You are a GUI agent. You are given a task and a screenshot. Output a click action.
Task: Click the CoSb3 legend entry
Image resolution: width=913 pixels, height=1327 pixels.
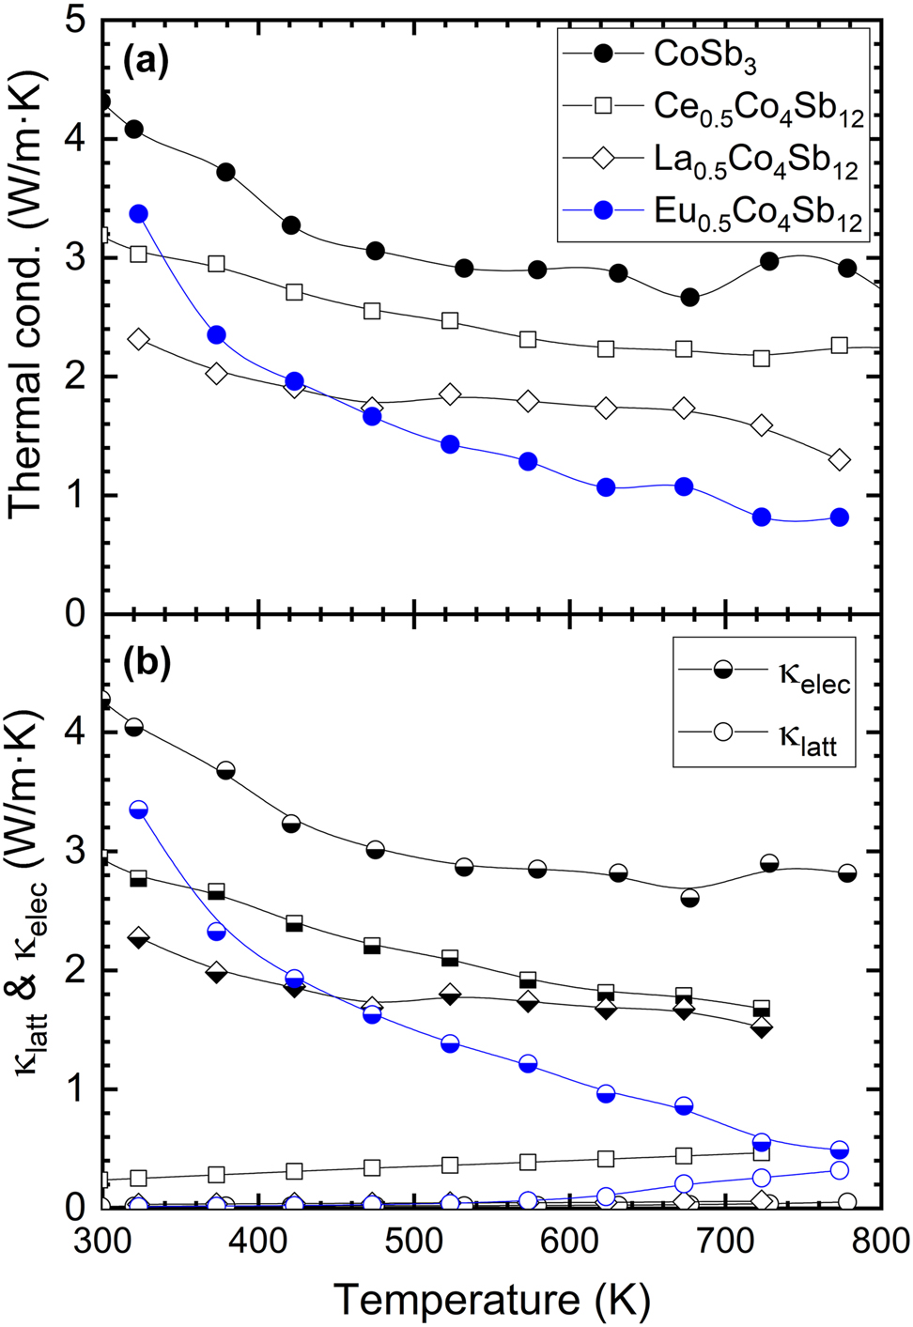pos(704,54)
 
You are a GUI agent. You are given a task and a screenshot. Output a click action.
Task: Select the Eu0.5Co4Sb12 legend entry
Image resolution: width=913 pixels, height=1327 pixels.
pos(757,213)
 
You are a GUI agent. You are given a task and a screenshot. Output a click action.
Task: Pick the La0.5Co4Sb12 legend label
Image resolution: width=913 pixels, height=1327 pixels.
pos(755,161)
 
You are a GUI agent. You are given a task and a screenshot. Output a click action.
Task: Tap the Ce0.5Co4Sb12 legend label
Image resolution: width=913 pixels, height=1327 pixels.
pos(757,108)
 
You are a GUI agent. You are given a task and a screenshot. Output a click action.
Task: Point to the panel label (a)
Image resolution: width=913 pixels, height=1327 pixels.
pos(147,62)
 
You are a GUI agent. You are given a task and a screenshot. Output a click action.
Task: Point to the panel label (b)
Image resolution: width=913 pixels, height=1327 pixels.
pos(147,663)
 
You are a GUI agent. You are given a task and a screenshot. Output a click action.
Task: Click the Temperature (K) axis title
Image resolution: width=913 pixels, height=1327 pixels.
pos(491,1300)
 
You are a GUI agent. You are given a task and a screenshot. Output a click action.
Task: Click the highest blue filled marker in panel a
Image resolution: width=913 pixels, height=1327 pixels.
pos(139,214)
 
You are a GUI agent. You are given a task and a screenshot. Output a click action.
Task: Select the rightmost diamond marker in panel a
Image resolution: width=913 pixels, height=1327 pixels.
pos(840,460)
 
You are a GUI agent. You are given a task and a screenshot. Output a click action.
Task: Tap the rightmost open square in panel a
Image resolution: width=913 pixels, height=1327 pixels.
pos(840,346)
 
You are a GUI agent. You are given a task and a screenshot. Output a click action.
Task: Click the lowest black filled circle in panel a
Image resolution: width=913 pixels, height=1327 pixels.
pos(689,297)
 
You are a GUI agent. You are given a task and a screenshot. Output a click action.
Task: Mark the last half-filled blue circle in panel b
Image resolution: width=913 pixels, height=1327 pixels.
pos(840,1150)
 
